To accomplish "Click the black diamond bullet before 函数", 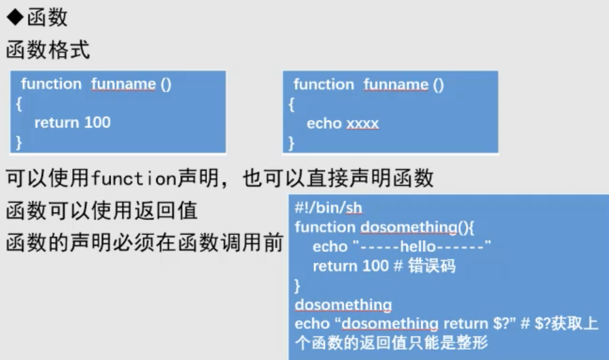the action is (15, 18).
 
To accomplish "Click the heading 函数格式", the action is (48, 50).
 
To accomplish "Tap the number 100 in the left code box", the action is (98, 123).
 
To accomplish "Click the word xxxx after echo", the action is (362, 124).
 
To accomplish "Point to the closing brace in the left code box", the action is (19, 142).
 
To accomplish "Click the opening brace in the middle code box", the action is (291, 105).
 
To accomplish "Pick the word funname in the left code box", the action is (123, 84).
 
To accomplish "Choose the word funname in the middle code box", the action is (396, 85).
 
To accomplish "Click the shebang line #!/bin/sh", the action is (328, 208).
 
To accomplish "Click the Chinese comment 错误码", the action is (432, 266).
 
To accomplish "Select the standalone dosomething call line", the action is (343, 304).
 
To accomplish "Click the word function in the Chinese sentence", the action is (134, 178).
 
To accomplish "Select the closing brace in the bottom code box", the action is (297, 285).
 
